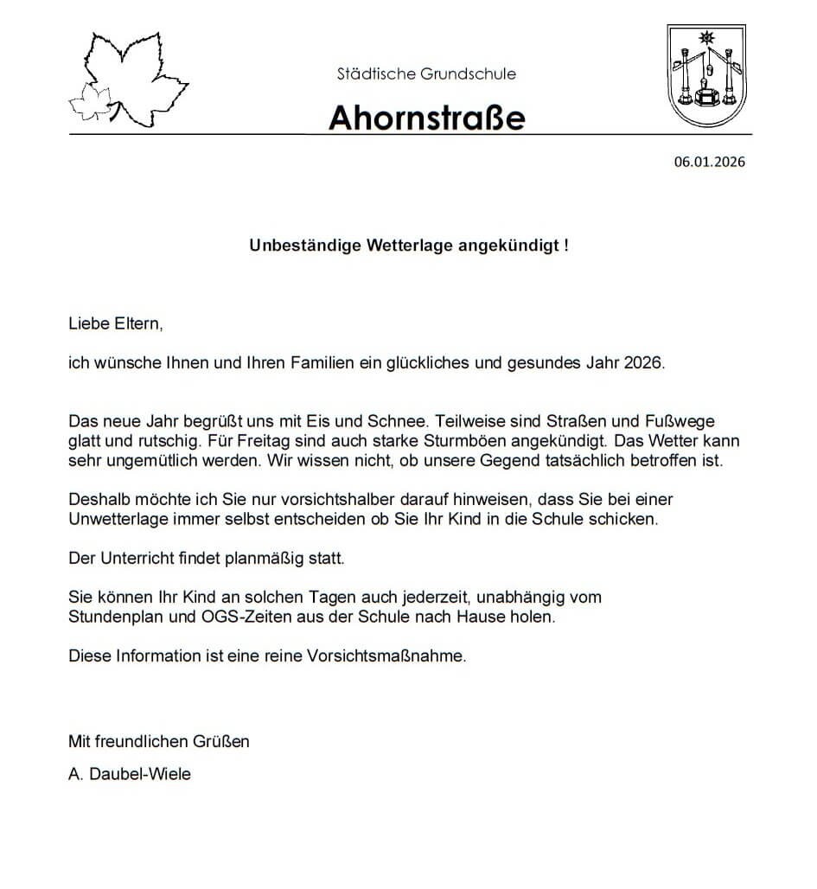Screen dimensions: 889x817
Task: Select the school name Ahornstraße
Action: click(426, 117)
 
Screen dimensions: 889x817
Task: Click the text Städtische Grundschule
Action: click(426, 74)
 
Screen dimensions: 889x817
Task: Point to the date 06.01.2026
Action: click(709, 162)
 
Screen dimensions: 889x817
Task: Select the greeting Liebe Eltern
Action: click(115, 325)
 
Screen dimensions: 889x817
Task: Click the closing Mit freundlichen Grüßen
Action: click(158, 741)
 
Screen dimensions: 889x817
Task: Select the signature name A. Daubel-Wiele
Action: click(130, 774)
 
